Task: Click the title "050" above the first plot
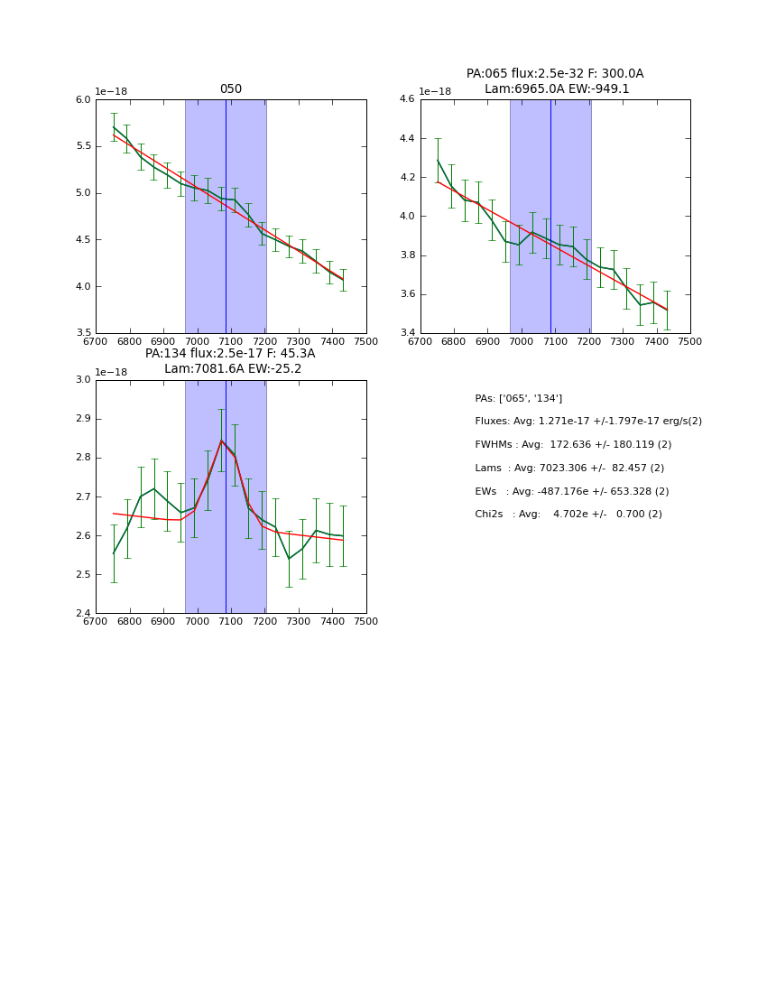tap(230, 89)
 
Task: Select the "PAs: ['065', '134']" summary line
tap(518, 398)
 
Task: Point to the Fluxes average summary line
tap(587, 422)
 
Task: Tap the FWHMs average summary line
tap(573, 445)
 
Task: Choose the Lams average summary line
tap(569, 469)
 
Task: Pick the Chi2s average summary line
tap(568, 515)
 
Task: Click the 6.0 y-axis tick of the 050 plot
tap(83, 99)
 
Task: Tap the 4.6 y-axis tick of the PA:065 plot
tap(408, 99)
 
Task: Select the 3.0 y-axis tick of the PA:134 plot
tap(83, 380)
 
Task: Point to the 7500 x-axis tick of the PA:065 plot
tap(689, 341)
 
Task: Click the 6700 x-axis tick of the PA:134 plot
tap(96, 621)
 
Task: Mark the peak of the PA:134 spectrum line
tap(221, 441)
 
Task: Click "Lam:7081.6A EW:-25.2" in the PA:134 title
tap(232, 368)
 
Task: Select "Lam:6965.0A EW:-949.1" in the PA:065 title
tap(556, 88)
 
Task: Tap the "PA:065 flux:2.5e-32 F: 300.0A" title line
tap(554, 74)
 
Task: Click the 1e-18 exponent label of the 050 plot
tap(111, 91)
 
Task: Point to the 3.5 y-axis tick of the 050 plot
tap(83, 333)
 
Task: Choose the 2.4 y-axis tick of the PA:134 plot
tap(83, 614)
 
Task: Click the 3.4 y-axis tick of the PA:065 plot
tap(408, 333)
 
